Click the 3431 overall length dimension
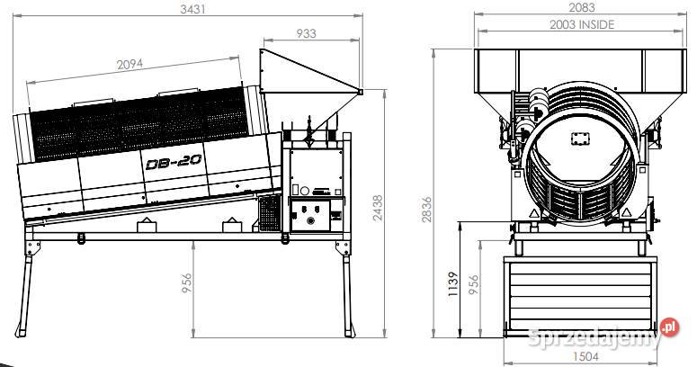tap(192, 9)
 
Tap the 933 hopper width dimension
tap(307, 33)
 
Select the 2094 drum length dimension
tap(130, 65)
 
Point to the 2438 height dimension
tap(377, 208)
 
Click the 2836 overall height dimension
tap(426, 210)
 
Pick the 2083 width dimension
tap(581, 7)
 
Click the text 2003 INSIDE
tap(582, 24)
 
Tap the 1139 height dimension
tap(452, 284)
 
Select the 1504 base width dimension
tap(585, 356)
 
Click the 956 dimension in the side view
tap(187, 283)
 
